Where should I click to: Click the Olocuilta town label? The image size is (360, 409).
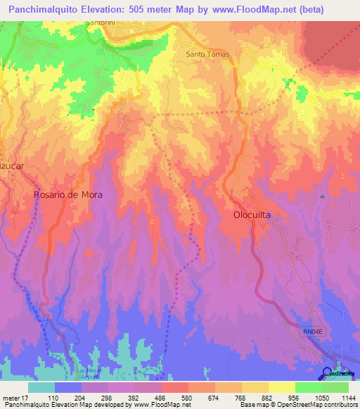coord(257,216)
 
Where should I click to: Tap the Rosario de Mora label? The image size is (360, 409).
coord(68,196)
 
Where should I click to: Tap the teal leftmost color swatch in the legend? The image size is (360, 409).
coord(41,387)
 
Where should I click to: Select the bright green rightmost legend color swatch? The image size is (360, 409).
coord(335,387)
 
